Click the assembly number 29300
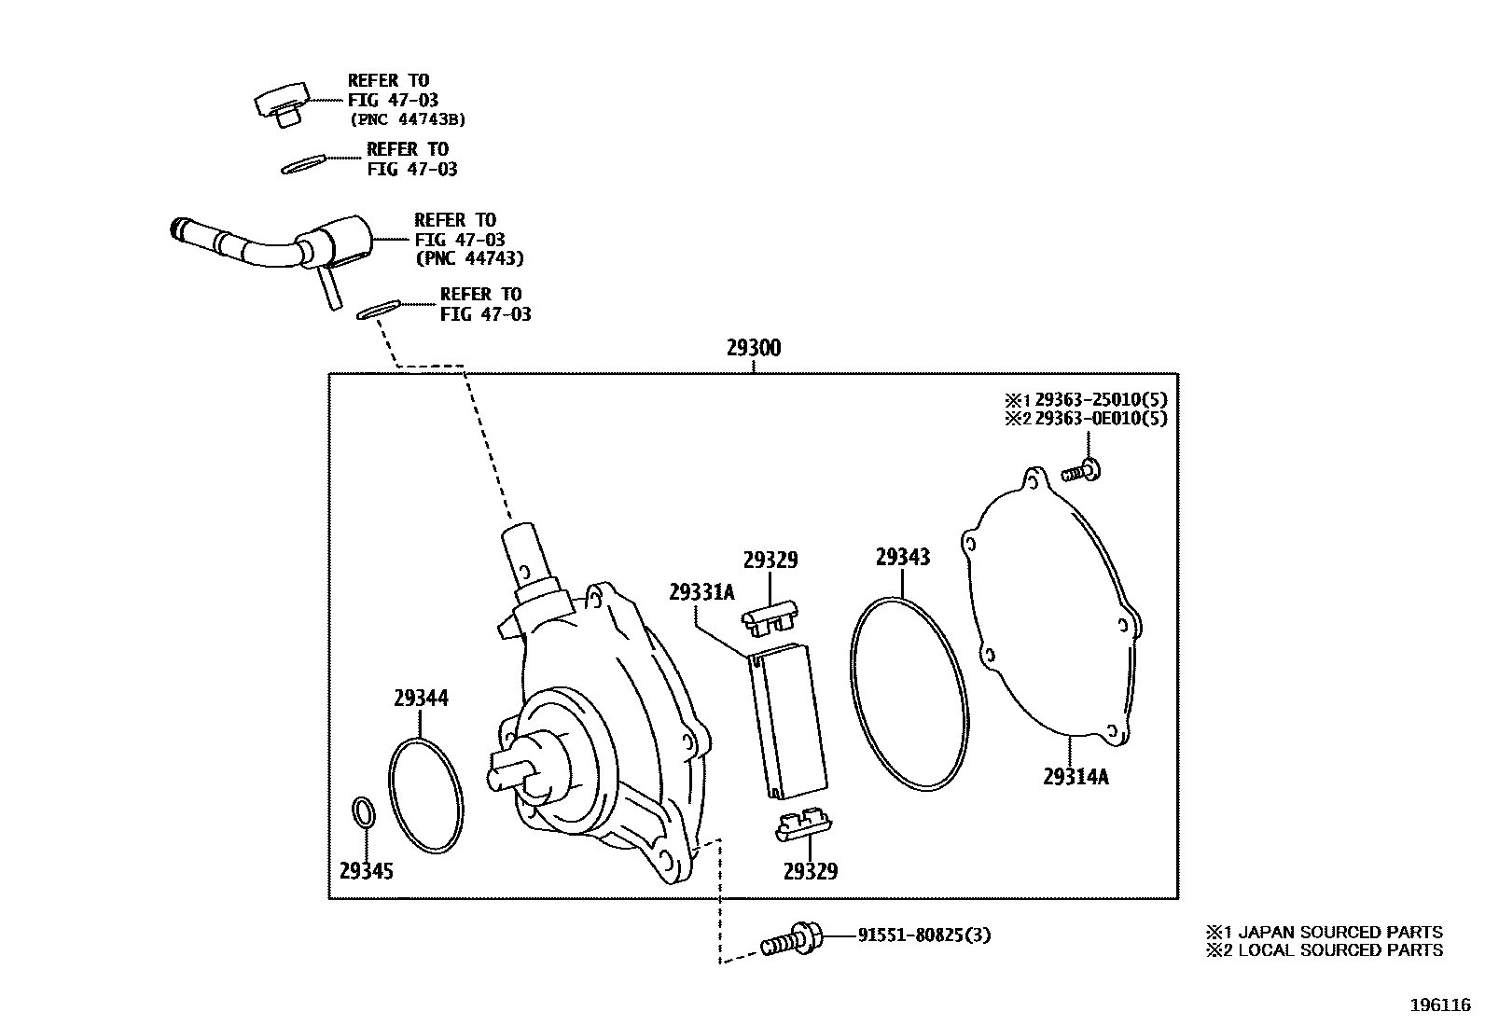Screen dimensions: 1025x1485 click(x=754, y=349)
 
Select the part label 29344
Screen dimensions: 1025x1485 click(x=420, y=698)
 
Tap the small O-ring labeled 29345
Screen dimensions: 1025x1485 click(x=364, y=811)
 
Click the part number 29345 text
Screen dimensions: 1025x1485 click(x=366, y=871)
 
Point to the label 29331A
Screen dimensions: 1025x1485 click(x=701, y=592)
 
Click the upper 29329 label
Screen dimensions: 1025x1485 click(x=770, y=561)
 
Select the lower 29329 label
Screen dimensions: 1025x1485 click(x=810, y=871)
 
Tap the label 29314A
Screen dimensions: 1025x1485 click(x=1076, y=776)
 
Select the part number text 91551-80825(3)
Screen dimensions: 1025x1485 click(x=923, y=935)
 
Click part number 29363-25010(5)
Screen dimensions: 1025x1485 click(x=1101, y=400)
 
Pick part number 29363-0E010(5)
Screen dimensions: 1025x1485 click(x=1101, y=419)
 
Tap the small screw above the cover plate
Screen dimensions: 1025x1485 click(x=1083, y=471)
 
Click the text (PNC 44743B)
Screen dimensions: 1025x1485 click(x=408, y=119)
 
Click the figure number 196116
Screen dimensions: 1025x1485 click(x=1439, y=1005)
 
